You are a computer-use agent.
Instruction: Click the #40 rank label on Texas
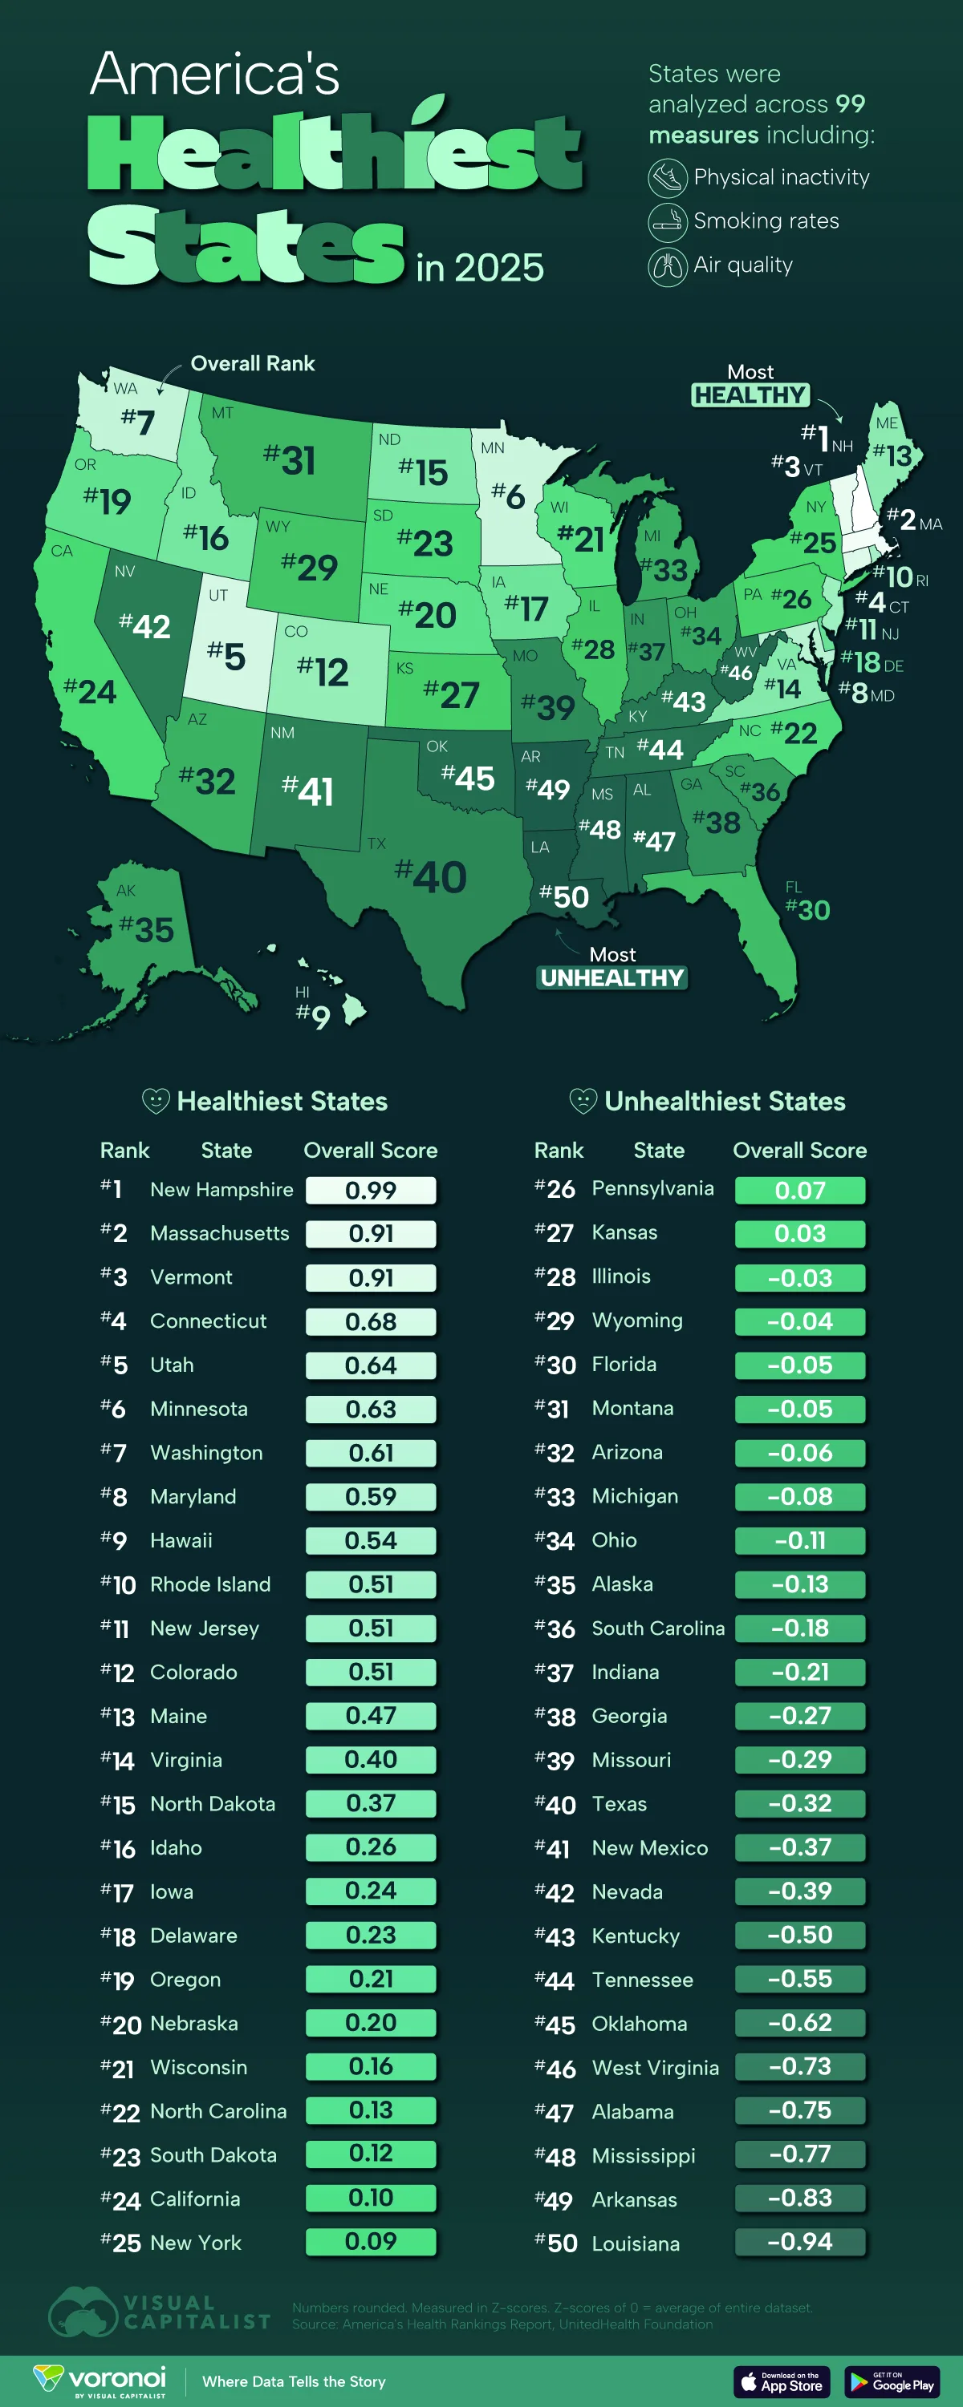point(431,876)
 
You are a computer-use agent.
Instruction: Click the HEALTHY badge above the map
point(750,395)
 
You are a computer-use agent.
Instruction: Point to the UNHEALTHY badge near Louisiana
point(612,978)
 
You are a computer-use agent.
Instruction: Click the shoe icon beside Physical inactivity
point(668,177)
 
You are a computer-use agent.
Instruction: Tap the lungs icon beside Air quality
point(668,266)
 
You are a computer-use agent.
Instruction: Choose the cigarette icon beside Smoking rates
point(668,221)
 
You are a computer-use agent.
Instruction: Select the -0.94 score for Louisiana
point(799,2242)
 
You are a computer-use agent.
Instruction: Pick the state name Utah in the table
point(172,1365)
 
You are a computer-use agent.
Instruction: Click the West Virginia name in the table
point(656,2067)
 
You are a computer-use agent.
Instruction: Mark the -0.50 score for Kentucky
point(799,1934)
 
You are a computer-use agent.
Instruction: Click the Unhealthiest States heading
point(724,1102)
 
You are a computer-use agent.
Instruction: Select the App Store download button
point(782,2382)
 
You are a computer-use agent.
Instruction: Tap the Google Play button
point(892,2382)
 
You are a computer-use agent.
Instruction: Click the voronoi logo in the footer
point(101,2380)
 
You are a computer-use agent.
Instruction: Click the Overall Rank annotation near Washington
point(253,363)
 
